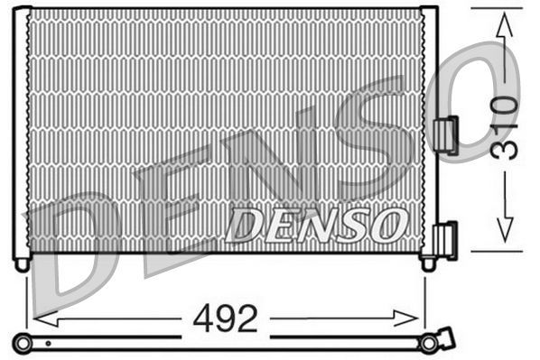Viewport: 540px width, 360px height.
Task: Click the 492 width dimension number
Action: [225, 318]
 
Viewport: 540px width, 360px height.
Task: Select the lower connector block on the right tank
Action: [445, 241]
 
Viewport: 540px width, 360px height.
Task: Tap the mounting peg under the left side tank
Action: [22, 263]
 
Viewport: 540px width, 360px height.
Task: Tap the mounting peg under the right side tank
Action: [429, 263]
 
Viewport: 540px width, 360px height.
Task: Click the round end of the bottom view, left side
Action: [22, 342]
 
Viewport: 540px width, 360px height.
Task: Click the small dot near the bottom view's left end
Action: [47, 344]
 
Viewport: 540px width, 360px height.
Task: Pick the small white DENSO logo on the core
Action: [316, 225]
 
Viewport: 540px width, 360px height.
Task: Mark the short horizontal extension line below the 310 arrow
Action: [496, 251]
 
